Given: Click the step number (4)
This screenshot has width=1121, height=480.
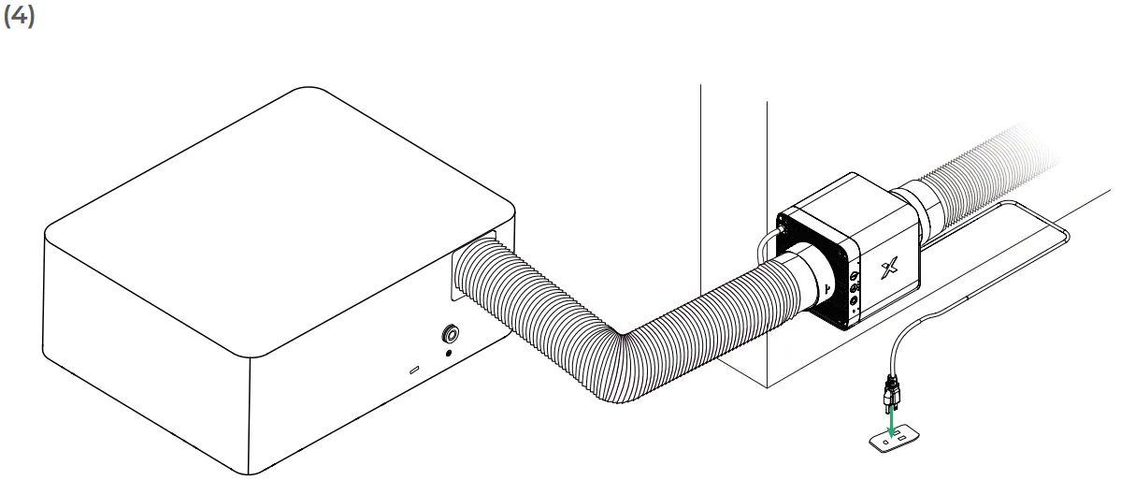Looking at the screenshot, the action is click(19, 16).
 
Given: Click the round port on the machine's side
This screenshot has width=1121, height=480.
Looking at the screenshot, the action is click(451, 333).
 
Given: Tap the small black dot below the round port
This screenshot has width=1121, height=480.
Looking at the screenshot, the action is click(448, 352).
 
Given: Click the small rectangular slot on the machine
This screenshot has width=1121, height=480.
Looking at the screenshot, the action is click(414, 371).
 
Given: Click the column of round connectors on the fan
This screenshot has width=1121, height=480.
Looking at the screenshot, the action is click(855, 289).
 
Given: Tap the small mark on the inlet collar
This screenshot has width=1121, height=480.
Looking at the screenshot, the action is click(827, 288).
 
